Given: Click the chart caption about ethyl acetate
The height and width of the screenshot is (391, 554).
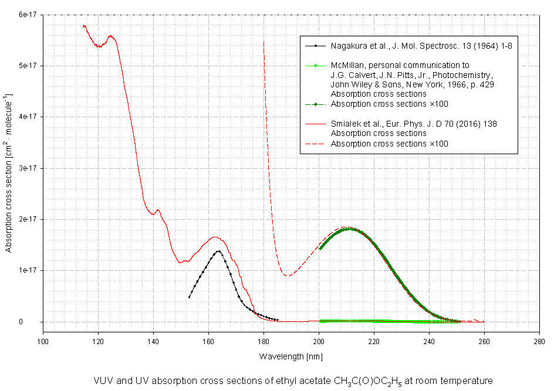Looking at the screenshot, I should (x=291, y=380).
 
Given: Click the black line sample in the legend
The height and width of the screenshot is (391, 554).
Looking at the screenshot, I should (x=315, y=45).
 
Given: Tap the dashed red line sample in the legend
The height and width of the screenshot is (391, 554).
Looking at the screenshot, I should (x=315, y=144).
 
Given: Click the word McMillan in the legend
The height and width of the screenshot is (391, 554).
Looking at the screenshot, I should (x=348, y=65).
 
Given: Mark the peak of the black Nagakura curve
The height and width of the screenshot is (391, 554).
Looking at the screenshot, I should (x=218, y=251).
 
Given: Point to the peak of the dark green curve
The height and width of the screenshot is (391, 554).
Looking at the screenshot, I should (x=349, y=229).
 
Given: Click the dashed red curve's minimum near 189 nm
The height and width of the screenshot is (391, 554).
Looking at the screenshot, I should (x=286, y=276).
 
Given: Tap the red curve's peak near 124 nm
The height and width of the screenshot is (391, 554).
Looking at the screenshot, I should (x=110, y=36).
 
